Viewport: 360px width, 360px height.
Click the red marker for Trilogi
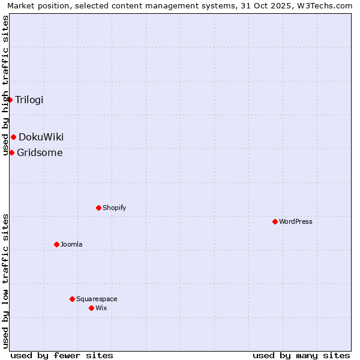click(x=10, y=100)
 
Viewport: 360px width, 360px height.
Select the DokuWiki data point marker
click(x=13, y=137)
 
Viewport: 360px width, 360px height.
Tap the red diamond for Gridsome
click(x=11, y=152)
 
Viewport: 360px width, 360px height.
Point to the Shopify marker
click(x=98, y=208)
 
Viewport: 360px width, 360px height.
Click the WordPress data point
click(x=275, y=221)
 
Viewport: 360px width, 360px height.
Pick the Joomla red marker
click(x=56, y=244)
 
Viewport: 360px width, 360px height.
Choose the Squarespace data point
click(x=72, y=299)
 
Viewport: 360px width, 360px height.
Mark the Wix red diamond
click(x=91, y=308)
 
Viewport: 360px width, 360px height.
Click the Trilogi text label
click(x=29, y=100)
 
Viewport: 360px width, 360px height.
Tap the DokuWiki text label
click(x=41, y=137)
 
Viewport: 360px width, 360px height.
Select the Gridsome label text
click(x=40, y=152)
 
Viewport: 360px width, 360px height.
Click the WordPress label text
click(x=296, y=221)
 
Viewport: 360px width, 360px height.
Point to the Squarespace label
click(x=97, y=299)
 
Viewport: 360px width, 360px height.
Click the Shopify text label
click(x=114, y=208)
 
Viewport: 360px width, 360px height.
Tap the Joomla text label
click(x=71, y=244)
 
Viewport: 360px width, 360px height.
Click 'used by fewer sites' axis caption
click(x=62, y=355)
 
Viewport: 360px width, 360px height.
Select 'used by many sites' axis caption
click(x=301, y=355)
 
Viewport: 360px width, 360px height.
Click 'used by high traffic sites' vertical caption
click(x=5, y=85)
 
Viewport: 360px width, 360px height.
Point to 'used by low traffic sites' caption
click(x=5, y=281)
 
